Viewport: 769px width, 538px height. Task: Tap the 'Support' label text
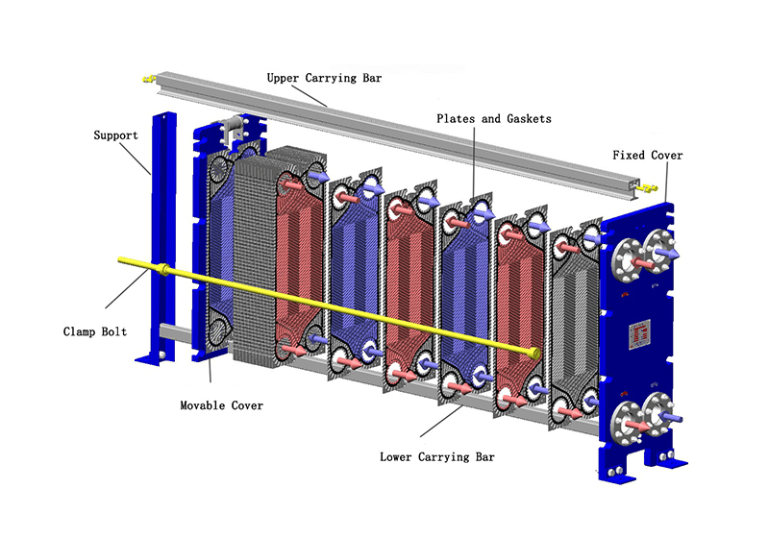115,135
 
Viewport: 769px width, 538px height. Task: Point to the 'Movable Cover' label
221,405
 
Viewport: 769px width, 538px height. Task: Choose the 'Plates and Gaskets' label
494,118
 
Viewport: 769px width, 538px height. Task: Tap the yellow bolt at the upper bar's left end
148,76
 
